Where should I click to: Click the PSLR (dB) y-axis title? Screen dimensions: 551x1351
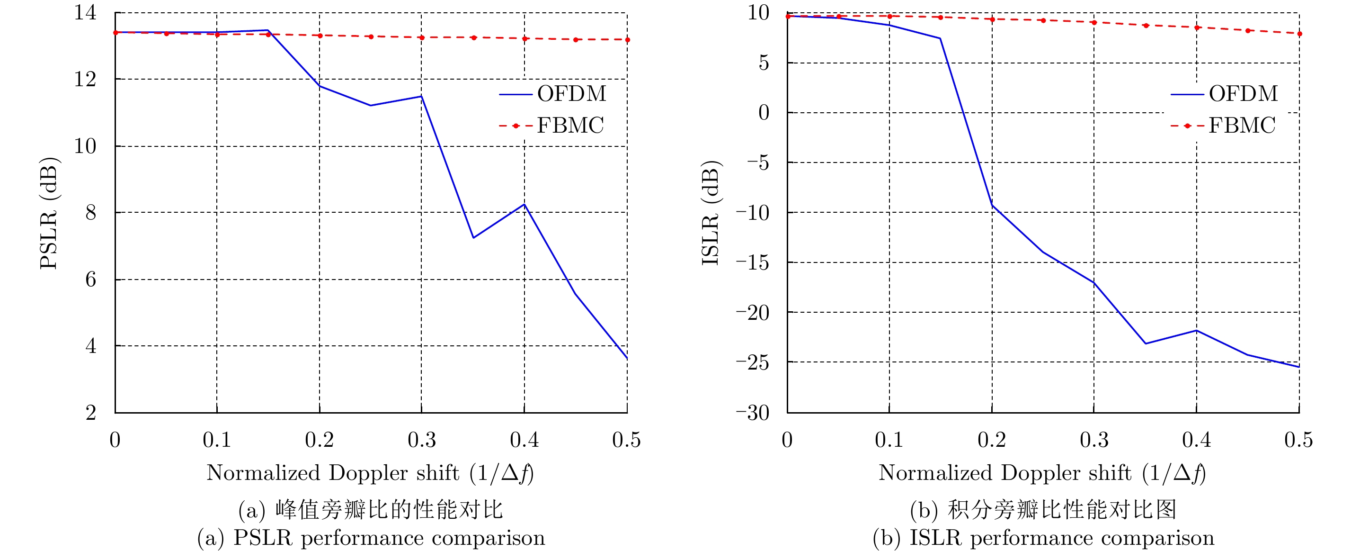click(x=49, y=213)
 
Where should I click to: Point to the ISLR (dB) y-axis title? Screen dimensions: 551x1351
click(x=711, y=213)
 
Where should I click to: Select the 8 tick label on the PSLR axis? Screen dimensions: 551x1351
click(x=91, y=213)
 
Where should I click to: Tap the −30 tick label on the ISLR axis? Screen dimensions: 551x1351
click(x=752, y=413)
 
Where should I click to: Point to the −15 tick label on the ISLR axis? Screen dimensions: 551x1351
click(x=752, y=262)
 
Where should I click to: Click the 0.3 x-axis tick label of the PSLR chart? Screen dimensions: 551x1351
click(x=422, y=440)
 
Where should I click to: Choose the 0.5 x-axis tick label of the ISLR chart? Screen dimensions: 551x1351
click(x=1298, y=440)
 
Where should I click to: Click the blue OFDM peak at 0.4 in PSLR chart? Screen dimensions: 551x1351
click(x=524, y=204)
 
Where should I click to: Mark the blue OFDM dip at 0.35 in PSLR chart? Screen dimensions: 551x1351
click(x=473, y=238)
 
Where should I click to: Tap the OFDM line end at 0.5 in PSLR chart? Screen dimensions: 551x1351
click(x=627, y=359)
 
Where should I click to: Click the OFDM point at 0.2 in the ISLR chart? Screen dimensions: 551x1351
click(x=992, y=205)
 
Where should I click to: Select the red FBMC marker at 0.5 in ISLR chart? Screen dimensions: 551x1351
click(x=1299, y=34)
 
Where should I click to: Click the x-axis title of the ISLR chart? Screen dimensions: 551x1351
click(x=1042, y=473)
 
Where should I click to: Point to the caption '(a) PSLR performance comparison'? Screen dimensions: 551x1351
click(x=371, y=538)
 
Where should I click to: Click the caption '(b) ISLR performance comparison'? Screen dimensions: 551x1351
click(x=1043, y=538)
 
